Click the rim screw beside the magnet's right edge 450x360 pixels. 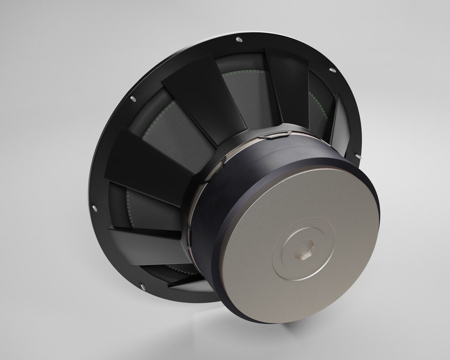click(359, 156)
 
